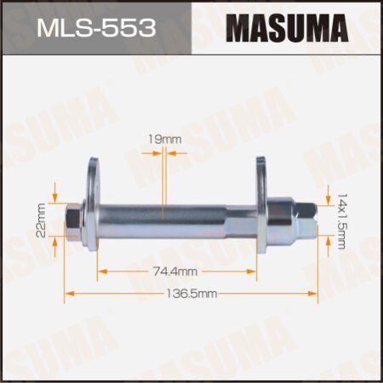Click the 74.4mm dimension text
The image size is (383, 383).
(177, 272)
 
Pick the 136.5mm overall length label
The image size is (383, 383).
(191, 292)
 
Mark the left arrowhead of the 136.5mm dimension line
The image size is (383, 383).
(68, 292)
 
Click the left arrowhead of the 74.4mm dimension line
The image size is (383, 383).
(102, 272)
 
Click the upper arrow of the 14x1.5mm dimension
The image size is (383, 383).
(328, 197)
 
